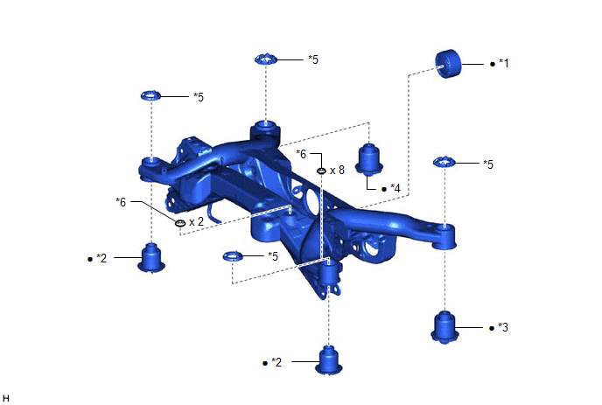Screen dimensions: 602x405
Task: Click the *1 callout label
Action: (504, 63)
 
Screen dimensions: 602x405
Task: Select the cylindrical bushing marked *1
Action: (448, 64)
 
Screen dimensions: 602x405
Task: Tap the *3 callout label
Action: (503, 327)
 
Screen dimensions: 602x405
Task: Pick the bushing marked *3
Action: (444, 327)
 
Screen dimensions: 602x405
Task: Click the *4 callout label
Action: (395, 188)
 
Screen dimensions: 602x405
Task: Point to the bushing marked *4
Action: (369, 160)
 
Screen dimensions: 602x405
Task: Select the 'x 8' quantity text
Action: (337, 170)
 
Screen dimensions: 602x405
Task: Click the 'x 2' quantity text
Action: (196, 222)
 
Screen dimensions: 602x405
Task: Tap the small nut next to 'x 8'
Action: (322, 171)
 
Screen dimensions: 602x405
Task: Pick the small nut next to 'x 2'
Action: (180, 223)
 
